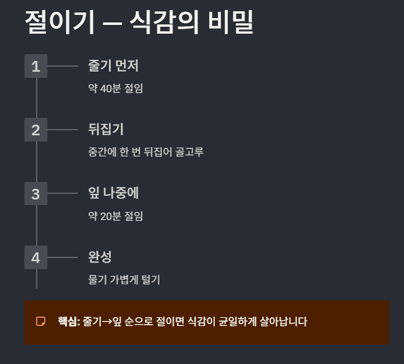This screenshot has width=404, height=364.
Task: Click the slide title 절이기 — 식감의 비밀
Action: (x=139, y=22)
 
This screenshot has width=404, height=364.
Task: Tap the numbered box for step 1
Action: (x=35, y=66)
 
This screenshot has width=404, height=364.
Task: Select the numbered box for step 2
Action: (x=35, y=130)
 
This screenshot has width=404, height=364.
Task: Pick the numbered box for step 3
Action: (x=35, y=194)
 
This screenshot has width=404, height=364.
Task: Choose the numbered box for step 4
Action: (x=35, y=257)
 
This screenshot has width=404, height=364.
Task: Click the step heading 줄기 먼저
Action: (x=113, y=65)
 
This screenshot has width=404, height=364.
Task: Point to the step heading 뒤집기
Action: (x=106, y=130)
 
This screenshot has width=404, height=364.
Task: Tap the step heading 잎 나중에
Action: (x=113, y=193)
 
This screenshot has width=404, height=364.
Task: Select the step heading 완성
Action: (x=100, y=257)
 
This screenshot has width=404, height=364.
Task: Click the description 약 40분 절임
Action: (x=116, y=88)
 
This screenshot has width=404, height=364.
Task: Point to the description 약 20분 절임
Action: (x=116, y=216)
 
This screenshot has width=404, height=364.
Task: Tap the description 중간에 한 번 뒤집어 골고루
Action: (x=146, y=152)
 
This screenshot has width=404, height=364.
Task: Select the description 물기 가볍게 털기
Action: (x=124, y=279)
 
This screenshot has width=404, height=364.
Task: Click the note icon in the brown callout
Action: (x=41, y=322)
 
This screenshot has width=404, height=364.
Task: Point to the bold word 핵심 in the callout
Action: (x=68, y=322)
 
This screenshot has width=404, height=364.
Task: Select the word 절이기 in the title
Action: (x=60, y=22)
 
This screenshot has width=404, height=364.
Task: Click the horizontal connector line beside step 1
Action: (x=62, y=66)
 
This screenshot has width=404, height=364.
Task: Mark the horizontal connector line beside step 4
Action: (x=62, y=257)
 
